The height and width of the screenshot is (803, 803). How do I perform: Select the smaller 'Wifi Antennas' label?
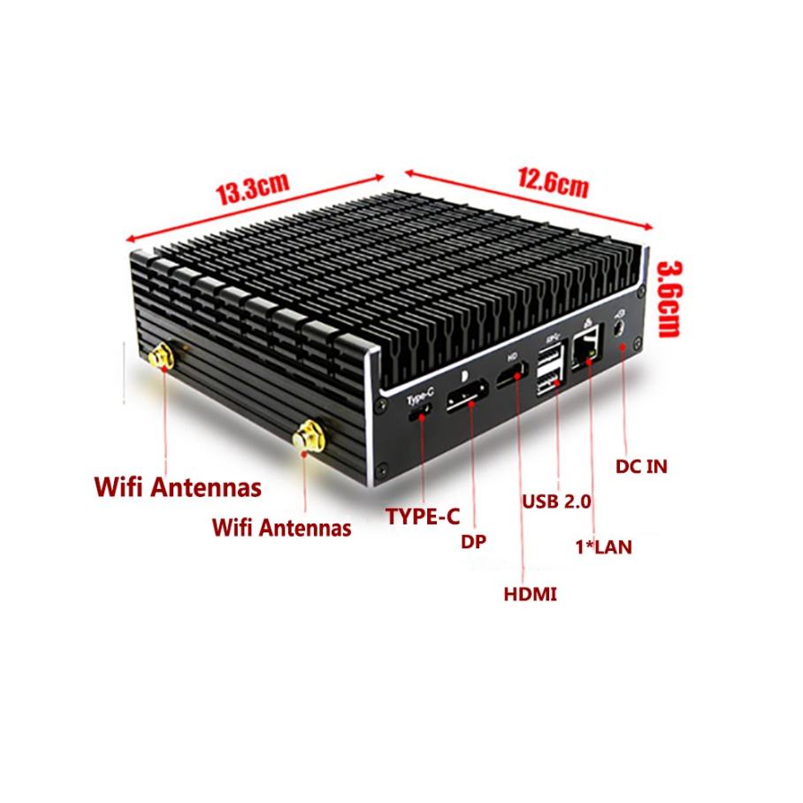(282, 528)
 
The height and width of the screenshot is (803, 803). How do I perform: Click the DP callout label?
(474, 541)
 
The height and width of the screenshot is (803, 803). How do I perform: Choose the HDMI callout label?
(530, 594)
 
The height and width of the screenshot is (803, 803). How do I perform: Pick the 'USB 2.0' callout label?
(556, 501)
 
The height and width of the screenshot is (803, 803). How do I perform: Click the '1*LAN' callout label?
(603, 547)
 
